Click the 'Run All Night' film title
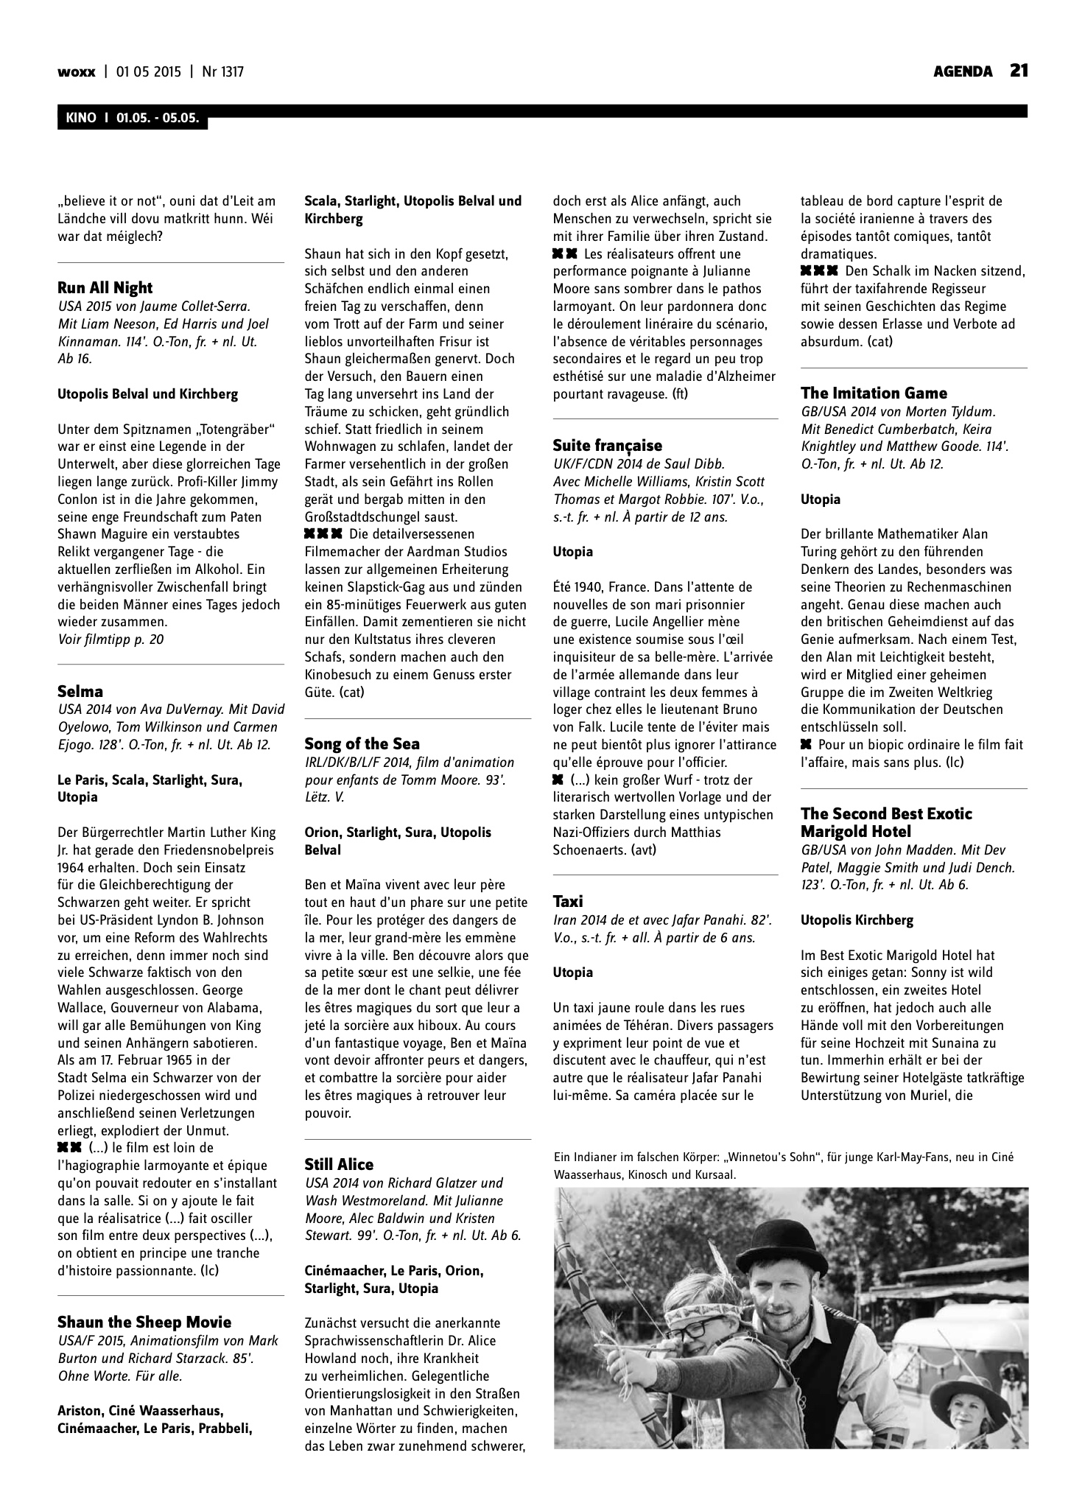point(105,287)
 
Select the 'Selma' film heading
point(80,691)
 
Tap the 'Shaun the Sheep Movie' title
point(144,1322)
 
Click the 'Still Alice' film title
point(339,1164)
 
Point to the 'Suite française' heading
point(607,445)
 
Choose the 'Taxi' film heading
point(568,901)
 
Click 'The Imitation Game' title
point(874,393)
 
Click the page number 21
point(1019,71)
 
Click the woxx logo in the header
point(76,71)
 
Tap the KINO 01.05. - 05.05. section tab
point(132,118)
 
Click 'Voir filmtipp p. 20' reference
point(110,640)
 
